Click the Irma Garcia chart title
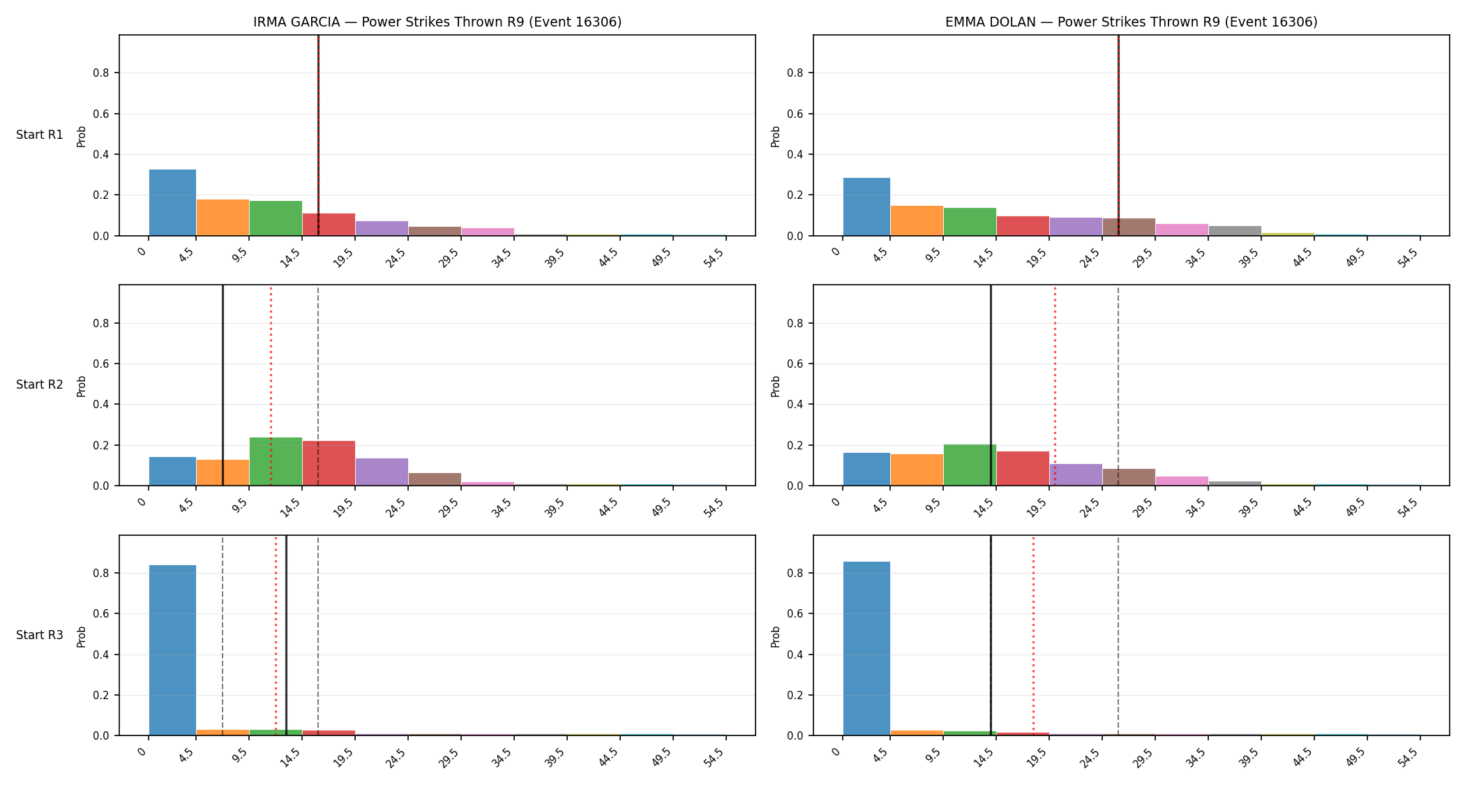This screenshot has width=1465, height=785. tap(437, 22)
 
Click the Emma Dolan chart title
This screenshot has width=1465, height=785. tap(1132, 22)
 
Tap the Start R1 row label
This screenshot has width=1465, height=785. tap(40, 135)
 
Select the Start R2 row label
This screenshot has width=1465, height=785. tap(40, 384)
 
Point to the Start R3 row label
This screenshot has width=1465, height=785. tap(40, 635)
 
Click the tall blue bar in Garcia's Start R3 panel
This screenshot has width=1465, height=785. tap(172, 650)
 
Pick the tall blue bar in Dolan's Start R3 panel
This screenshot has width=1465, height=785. tap(866, 648)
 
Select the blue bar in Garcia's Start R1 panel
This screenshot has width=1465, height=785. tap(172, 202)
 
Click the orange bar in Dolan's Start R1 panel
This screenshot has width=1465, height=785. tap(917, 220)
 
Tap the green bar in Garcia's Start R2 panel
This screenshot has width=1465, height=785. tap(276, 461)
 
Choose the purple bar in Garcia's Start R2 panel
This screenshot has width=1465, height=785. tap(382, 472)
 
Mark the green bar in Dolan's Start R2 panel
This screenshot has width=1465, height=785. tap(970, 465)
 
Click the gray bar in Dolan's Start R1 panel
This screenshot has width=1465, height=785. tap(1235, 231)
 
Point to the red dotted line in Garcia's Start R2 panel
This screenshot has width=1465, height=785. tap(271, 385)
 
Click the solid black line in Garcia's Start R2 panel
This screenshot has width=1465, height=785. tap(223, 385)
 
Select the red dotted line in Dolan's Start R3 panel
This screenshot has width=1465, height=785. tap(1033, 635)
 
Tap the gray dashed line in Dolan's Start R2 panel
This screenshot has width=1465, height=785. tap(1118, 385)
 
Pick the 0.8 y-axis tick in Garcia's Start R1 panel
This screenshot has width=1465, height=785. tap(102, 73)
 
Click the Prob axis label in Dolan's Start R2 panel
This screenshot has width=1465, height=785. tap(775, 386)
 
